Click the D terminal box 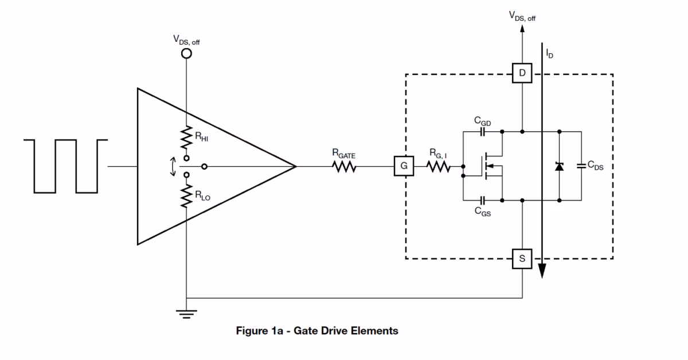tap(522, 73)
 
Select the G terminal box tap(404, 166)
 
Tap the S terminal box tap(522, 259)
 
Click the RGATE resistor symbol tap(344, 167)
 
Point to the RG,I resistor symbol tap(438, 167)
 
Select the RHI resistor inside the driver tap(186, 138)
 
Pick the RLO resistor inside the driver tap(186, 196)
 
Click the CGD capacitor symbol tap(482, 132)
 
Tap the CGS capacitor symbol tap(482, 201)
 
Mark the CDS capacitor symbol tap(581, 166)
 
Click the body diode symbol tap(559, 166)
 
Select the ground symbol tap(186, 314)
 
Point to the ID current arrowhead tap(542, 271)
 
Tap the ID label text tap(549, 53)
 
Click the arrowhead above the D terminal tap(522, 29)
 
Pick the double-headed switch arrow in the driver tap(173, 167)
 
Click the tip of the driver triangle tap(296, 166)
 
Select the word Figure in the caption tap(251, 331)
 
